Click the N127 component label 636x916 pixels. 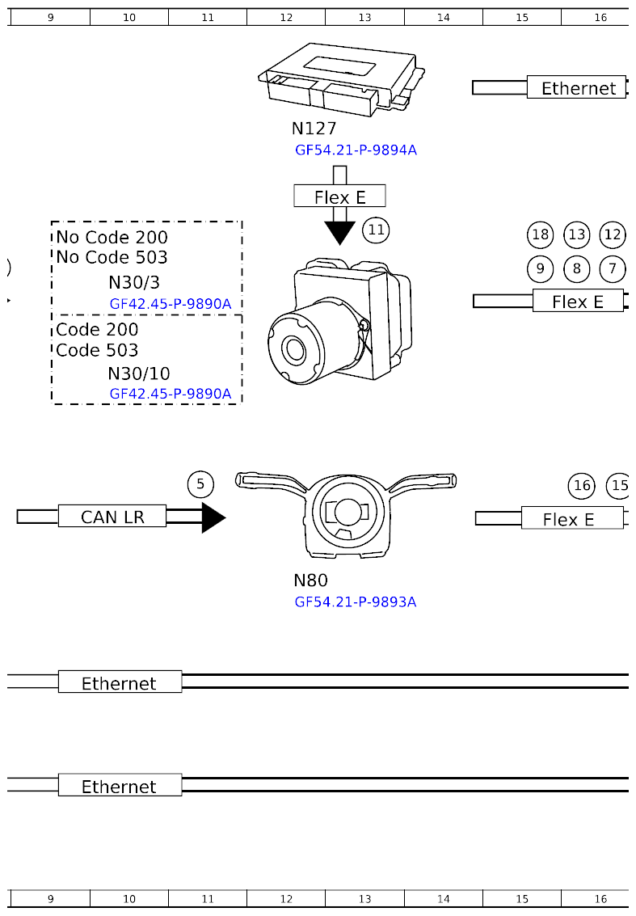(x=314, y=129)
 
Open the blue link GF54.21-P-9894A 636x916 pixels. (x=356, y=150)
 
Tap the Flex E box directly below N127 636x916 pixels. (x=339, y=196)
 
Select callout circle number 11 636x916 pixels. (x=376, y=230)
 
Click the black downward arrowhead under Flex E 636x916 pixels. (x=339, y=231)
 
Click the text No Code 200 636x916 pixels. (x=112, y=237)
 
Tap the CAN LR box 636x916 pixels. (x=112, y=517)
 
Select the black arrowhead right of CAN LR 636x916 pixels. (x=213, y=517)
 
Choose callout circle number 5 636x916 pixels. (x=200, y=484)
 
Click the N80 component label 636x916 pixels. (x=310, y=580)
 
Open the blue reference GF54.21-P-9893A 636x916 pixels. (x=356, y=602)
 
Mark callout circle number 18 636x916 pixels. (x=540, y=235)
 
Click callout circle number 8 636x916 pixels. (x=576, y=268)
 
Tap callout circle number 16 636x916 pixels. (x=582, y=485)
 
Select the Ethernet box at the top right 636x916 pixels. (x=577, y=88)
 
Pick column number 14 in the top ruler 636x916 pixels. (x=443, y=17)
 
